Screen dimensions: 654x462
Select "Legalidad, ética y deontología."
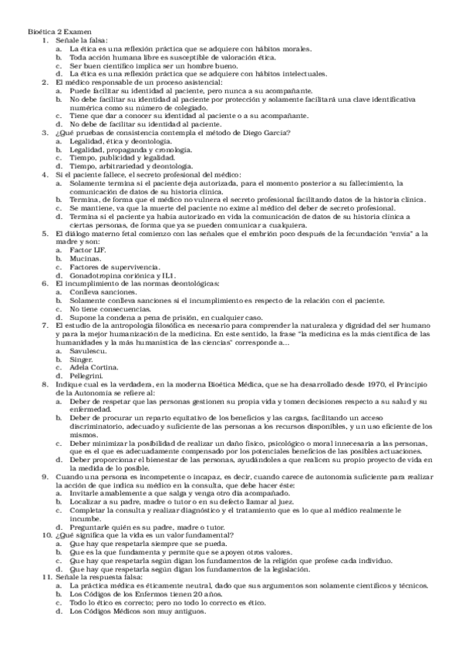pyautogui.click(x=120, y=143)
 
